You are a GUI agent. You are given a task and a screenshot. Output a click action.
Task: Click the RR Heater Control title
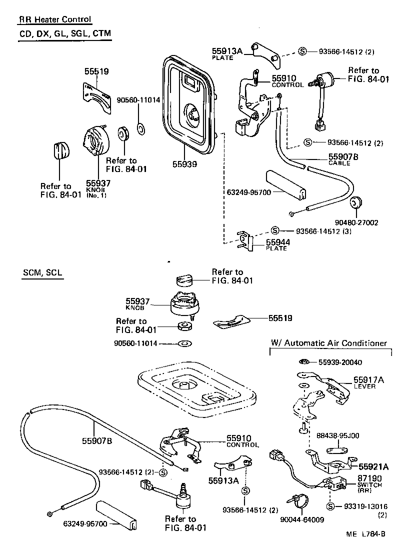(x=55, y=20)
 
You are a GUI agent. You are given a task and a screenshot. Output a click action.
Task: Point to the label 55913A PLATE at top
(x=226, y=53)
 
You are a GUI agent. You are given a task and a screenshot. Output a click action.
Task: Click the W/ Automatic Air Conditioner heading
(x=328, y=343)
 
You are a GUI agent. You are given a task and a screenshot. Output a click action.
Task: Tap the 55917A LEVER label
(x=368, y=382)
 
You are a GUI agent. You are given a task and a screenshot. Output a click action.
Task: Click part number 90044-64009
(x=301, y=519)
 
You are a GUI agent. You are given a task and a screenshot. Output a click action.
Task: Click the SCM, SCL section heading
(x=42, y=273)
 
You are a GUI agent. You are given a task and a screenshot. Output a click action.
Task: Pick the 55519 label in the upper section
(x=96, y=72)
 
